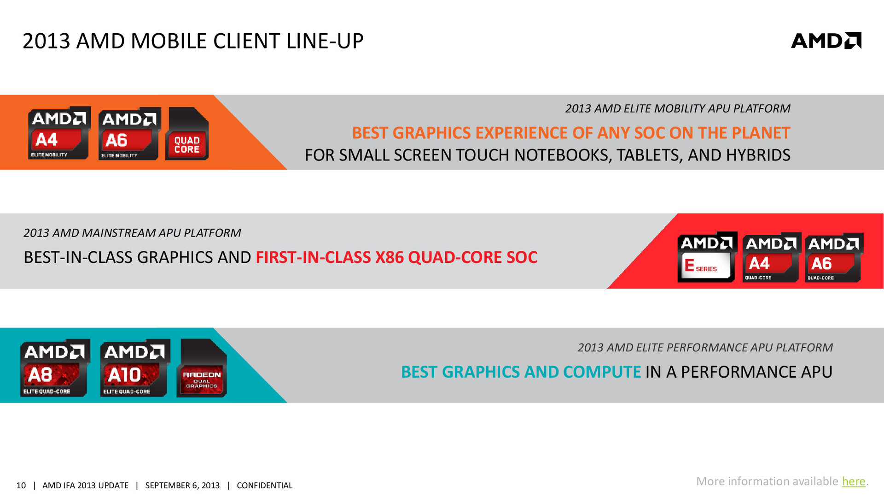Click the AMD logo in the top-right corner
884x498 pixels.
tap(826, 41)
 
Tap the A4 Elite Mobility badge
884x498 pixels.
tap(59, 133)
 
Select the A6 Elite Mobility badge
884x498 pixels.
tap(129, 134)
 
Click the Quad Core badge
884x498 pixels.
tap(187, 134)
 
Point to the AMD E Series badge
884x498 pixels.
tap(707, 257)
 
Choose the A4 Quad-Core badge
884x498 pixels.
tap(772, 257)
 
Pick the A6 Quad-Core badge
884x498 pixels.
tap(834, 257)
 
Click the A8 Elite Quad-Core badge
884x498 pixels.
tap(55, 368)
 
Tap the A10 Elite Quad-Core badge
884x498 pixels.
tap(135, 368)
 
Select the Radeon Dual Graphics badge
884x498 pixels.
tap(202, 368)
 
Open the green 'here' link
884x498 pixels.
tap(854, 481)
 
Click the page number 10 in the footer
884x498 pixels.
tap(21, 486)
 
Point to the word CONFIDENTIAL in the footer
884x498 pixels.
tap(264, 486)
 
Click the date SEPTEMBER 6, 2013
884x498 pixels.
tap(182, 486)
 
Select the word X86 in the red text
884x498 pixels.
tap(390, 257)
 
